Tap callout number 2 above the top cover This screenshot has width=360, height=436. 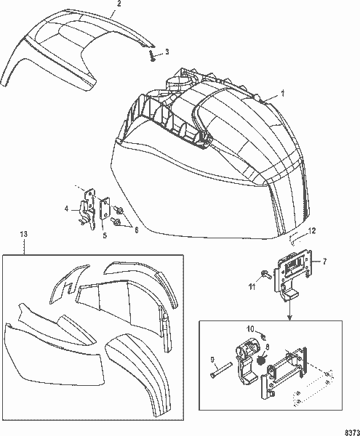coord(119,4)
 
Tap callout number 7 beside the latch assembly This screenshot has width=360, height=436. coord(324,260)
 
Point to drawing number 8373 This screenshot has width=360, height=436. coord(350,430)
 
